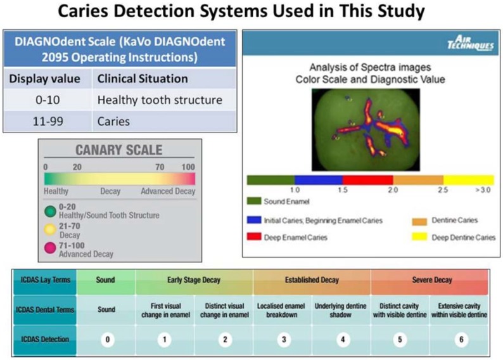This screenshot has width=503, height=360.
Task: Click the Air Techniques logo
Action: click(x=471, y=42)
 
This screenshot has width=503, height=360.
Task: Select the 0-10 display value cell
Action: click(x=48, y=100)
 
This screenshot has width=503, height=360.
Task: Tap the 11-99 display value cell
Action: click(x=48, y=121)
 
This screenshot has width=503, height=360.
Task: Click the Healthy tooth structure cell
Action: click(x=164, y=100)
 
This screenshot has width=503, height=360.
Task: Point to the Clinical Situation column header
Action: click(x=164, y=79)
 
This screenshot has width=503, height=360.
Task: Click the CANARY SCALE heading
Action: click(x=119, y=150)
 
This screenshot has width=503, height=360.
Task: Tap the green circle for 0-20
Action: click(x=50, y=212)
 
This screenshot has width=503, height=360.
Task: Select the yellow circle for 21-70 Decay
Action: click(x=50, y=229)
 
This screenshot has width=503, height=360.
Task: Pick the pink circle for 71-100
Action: click(x=50, y=248)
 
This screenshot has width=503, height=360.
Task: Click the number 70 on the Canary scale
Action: click(x=160, y=167)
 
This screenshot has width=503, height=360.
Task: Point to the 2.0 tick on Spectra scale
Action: click(x=393, y=190)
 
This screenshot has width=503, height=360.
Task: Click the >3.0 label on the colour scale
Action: click(x=483, y=190)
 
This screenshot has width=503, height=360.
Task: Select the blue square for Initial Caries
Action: click(x=254, y=220)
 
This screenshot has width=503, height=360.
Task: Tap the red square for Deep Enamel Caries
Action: click(x=254, y=237)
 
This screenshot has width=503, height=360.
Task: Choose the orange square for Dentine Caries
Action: click(x=419, y=221)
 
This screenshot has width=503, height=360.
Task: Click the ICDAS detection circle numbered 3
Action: click(x=284, y=340)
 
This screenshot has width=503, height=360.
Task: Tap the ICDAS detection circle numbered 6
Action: click(x=461, y=340)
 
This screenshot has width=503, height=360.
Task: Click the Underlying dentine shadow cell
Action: click(x=341, y=311)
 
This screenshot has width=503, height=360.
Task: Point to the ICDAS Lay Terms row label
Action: click(x=45, y=280)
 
